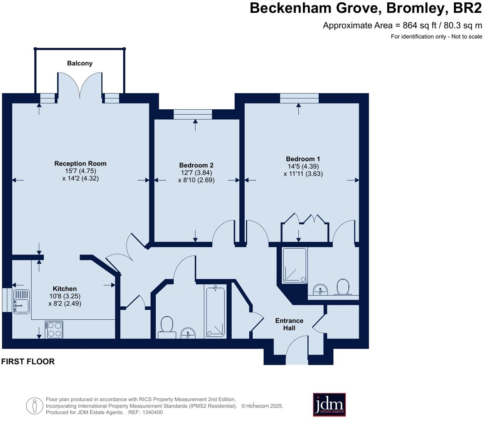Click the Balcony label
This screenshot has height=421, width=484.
80,63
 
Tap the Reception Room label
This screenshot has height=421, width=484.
80,164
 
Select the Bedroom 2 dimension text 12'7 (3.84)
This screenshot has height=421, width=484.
196,173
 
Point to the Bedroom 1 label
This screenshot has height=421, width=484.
303,159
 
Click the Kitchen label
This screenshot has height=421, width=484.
65,289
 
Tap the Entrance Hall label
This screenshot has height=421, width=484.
289,324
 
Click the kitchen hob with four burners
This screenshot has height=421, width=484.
54,329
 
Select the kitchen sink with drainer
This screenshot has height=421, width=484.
21,301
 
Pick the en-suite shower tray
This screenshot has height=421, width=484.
295,266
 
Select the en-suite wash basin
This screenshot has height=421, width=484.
320,289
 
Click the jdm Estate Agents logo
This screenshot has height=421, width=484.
329,404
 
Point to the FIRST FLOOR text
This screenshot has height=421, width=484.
28,361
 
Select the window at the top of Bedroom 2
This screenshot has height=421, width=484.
193,114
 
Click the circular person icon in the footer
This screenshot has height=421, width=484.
34,406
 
